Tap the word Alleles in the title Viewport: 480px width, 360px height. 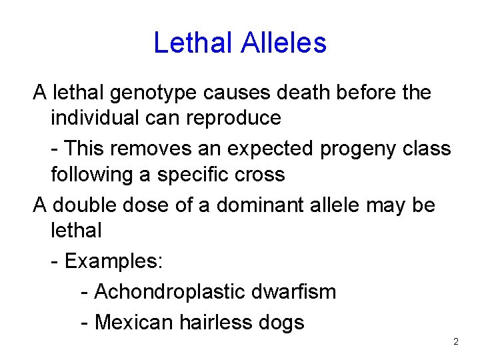point(284,43)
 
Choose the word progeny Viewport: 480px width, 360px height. point(359,148)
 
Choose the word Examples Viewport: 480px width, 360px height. point(113,261)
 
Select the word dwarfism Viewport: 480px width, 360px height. point(295,291)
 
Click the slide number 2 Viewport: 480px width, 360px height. point(456,342)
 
